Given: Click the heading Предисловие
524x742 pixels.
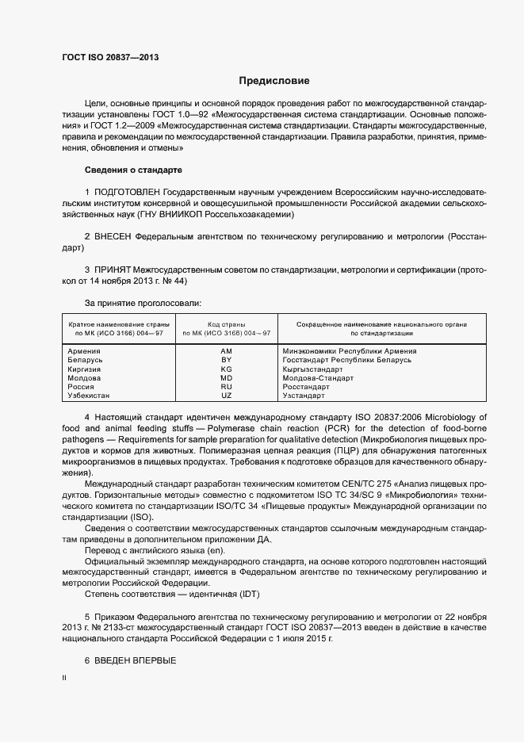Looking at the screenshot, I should (275, 81).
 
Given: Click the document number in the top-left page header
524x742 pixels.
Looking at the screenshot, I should (109, 57).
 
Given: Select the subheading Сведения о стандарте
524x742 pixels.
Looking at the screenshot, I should (133, 170).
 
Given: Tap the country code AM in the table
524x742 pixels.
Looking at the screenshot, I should (226, 350).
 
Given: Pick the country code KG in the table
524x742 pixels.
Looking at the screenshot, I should (226, 369).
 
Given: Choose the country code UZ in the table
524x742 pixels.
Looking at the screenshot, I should (226, 395).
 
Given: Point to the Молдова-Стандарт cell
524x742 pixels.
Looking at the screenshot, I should (318, 377).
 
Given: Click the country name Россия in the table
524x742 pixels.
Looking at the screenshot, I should (82, 386).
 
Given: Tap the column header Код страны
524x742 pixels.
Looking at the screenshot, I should (226, 324).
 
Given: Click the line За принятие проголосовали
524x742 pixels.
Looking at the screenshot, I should (143, 303).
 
